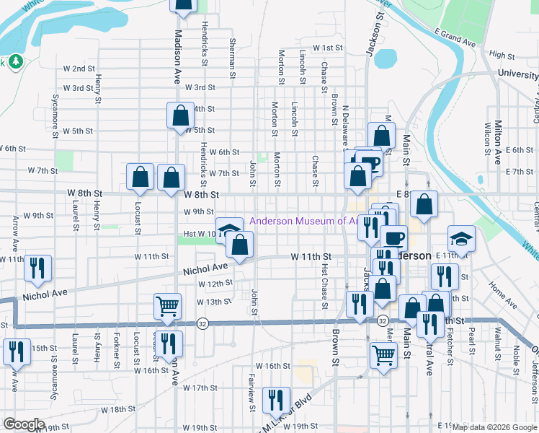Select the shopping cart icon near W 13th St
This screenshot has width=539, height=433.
(x=167, y=305)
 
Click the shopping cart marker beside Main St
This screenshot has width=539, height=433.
(x=383, y=354)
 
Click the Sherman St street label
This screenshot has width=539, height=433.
(x=232, y=58)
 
